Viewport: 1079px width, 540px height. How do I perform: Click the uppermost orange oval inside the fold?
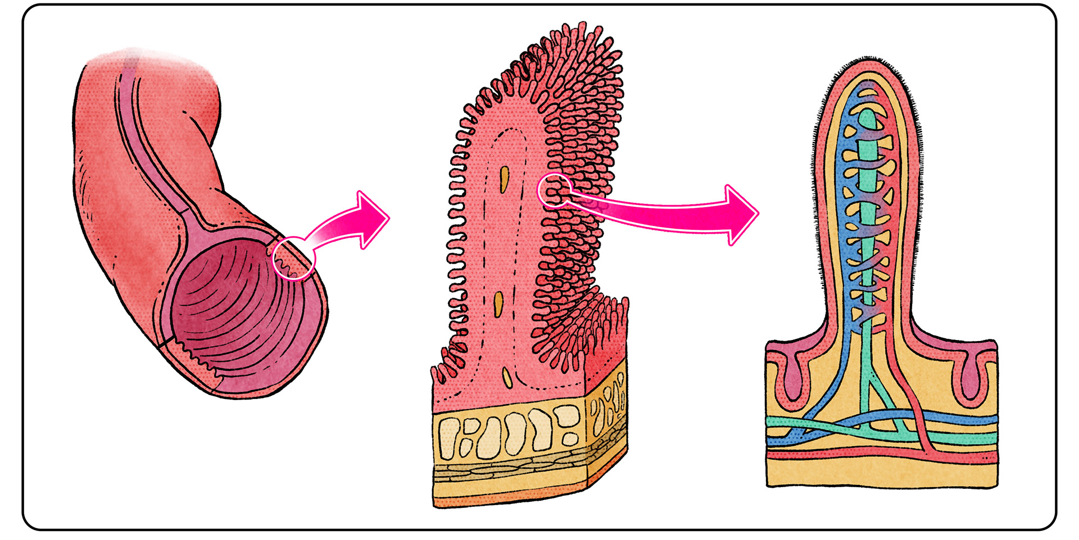point(504,177)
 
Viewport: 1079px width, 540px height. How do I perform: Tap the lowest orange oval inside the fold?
point(507,375)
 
